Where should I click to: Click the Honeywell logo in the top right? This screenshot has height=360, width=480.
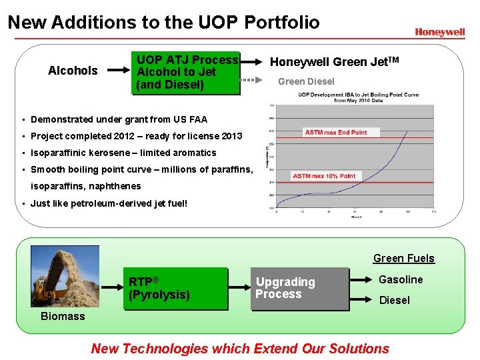coord(439,31)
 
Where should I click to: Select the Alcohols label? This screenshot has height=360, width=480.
coord(73,71)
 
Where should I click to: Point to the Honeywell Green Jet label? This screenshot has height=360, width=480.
coord(333,62)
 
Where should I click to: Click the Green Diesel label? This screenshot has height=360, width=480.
coord(306,81)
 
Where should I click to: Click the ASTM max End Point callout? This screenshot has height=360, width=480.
coord(336,132)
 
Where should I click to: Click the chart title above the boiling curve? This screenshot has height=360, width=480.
coord(358,97)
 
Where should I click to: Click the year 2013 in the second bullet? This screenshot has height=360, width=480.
coord(231,136)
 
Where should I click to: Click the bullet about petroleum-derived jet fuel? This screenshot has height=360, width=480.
coord(109,203)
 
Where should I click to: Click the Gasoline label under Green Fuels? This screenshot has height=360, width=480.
coord(401,279)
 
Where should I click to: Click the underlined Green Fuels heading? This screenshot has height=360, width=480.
coord(403,258)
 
